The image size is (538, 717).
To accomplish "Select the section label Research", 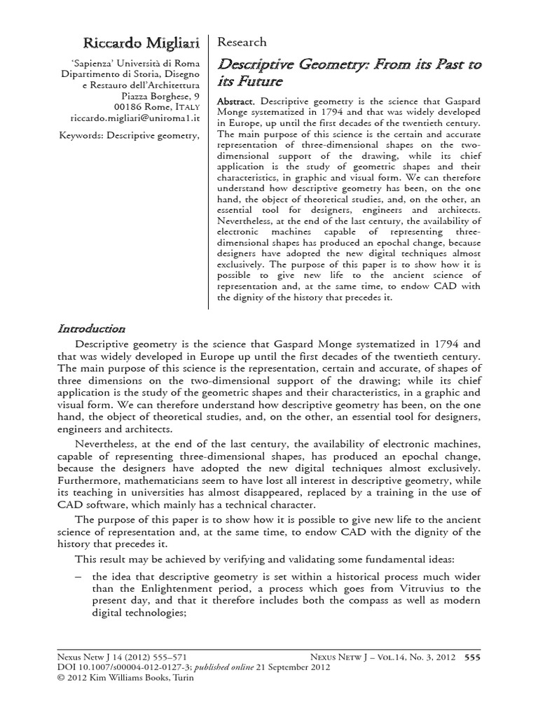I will pos(243,42).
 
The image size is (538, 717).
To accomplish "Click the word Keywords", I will pos(82,134).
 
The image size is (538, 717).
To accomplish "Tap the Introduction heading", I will pos(91,328).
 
